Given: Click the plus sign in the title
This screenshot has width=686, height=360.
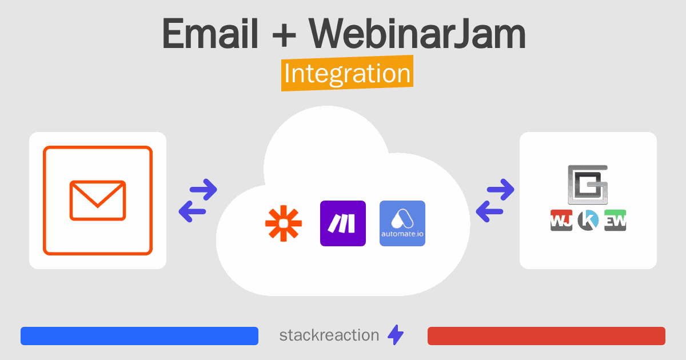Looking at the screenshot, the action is coord(284,35).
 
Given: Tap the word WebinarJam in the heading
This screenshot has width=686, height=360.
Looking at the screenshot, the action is coord(417,33).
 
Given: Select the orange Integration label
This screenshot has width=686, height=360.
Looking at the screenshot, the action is coord(348,73).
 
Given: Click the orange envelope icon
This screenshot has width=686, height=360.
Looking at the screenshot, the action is coord(98,201).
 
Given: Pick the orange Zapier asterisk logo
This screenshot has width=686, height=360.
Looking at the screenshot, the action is coord(284,223).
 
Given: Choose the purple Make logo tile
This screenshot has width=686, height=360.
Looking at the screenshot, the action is coord(343,223).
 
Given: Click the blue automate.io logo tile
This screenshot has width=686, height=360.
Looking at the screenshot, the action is coord(402,223).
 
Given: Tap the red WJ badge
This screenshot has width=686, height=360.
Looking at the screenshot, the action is coord(561,220).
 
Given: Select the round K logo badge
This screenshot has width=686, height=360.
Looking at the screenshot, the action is coord(588,220).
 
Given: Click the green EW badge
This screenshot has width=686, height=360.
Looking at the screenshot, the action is coord(615,220).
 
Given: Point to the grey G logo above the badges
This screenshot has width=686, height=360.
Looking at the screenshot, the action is coord(588,185).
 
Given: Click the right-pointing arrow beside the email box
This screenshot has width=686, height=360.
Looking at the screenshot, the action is coord(204,190).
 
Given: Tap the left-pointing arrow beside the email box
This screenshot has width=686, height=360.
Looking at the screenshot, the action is coord(192,211).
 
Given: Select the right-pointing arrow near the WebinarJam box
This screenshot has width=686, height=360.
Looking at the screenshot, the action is coord(501,190).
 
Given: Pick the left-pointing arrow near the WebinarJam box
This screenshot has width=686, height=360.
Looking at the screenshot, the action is coord(489,211).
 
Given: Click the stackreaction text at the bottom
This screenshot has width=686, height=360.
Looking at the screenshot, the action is coord(329,335).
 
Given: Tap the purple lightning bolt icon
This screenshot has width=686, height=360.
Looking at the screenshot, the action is coord(396,335).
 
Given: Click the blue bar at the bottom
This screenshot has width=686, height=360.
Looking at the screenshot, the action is coord(139,336).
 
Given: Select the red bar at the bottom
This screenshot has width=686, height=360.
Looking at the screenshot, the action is coord(547,336).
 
